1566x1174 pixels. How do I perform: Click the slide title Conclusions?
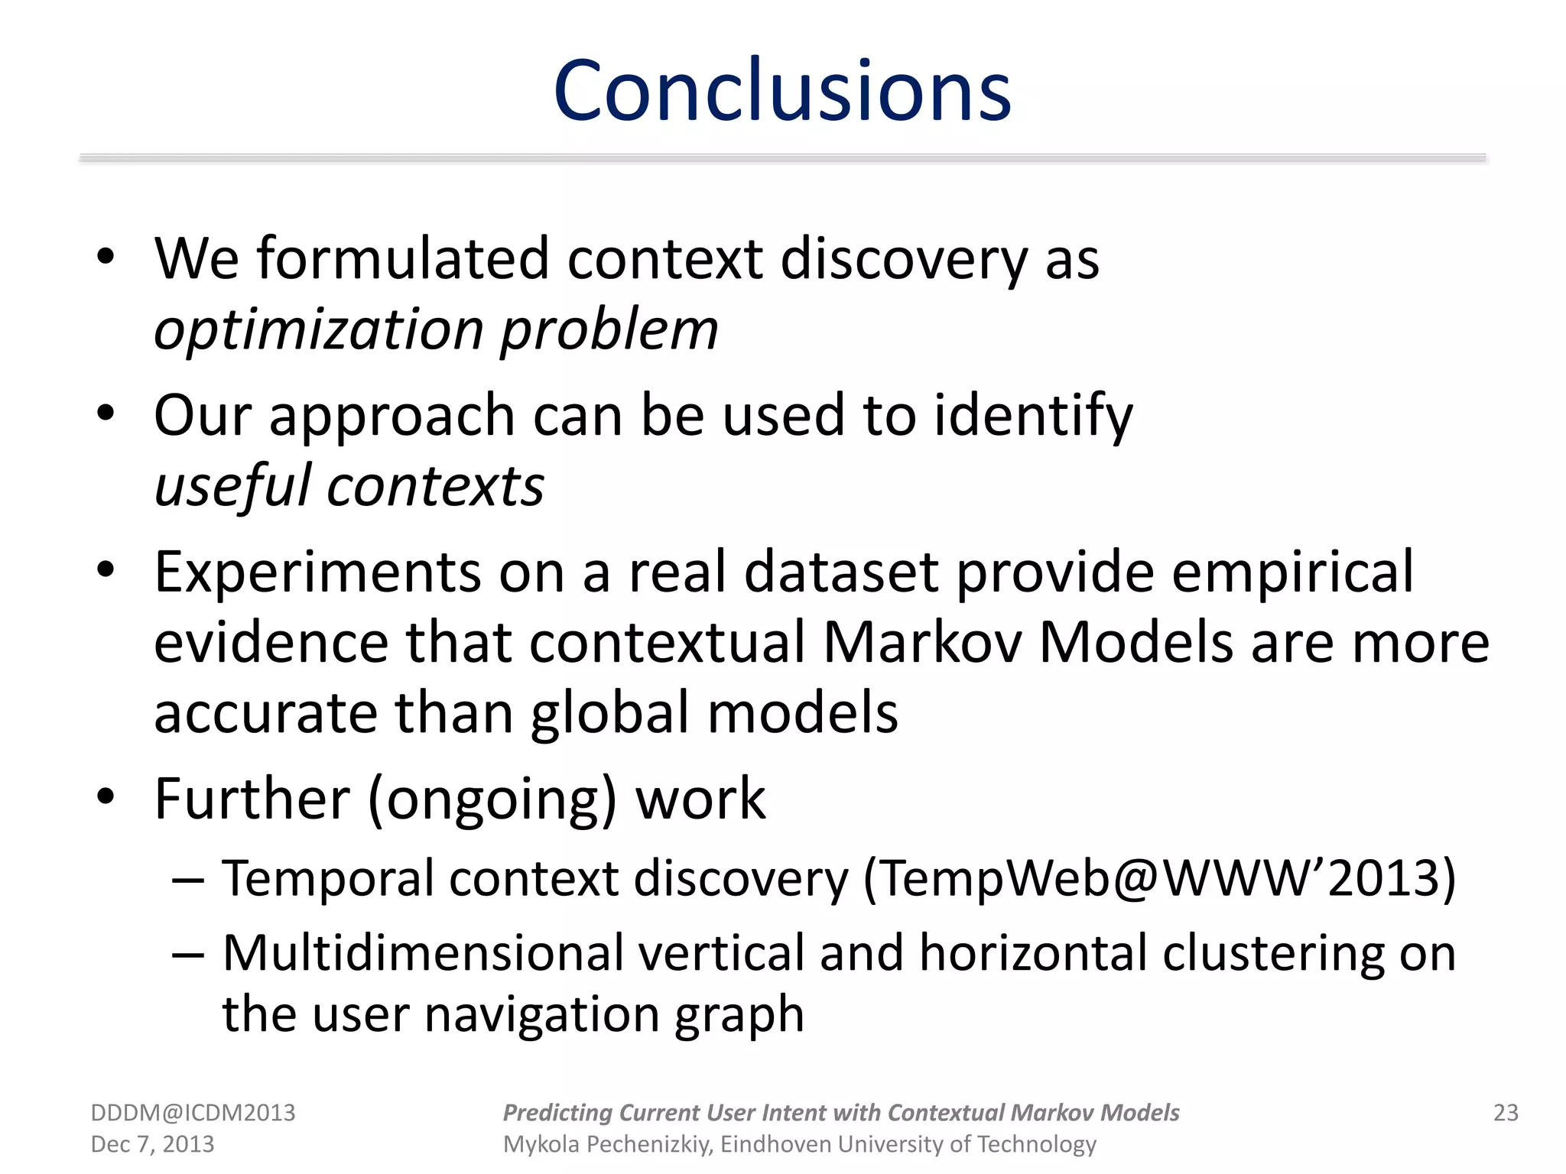(782, 91)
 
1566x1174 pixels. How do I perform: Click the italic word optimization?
(319, 330)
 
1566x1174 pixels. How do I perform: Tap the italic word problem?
(609, 330)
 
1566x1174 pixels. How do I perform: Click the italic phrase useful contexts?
(349, 487)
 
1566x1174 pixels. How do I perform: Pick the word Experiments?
(317, 572)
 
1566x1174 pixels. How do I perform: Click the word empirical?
(1292, 572)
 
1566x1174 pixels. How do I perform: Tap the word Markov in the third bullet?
(922, 642)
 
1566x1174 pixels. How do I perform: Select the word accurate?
(265, 712)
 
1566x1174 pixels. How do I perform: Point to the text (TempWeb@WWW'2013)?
(1159, 877)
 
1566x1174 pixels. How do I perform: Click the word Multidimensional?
(424, 953)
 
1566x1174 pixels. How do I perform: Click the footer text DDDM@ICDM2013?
(193, 1113)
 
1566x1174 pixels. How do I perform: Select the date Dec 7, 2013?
(152, 1144)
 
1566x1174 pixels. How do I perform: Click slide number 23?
(1506, 1113)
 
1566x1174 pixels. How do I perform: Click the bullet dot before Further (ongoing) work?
(106, 796)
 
